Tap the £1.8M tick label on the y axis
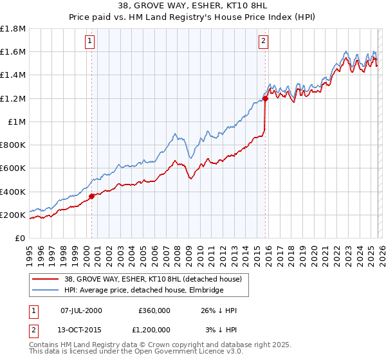13,29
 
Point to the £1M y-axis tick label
17,122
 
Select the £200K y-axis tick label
13,215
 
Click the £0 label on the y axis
21,239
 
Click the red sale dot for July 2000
91,196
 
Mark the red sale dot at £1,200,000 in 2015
265,98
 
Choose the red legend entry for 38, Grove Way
152,279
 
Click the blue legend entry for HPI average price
143,291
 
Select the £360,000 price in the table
154,310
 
